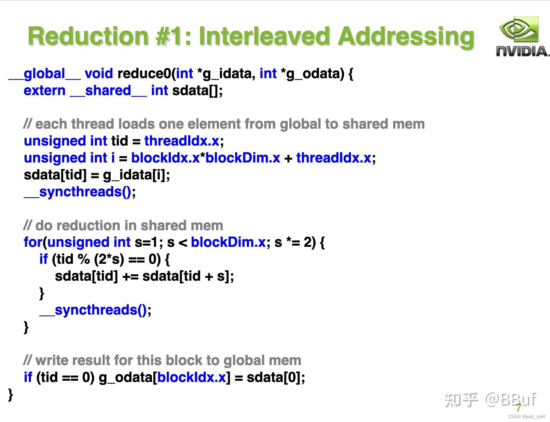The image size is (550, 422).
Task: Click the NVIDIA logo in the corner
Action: [x=522, y=37]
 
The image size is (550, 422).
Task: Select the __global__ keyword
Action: [x=44, y=74]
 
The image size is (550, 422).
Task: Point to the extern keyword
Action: [x=45, y=91]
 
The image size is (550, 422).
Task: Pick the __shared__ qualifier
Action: [x=108, y=91]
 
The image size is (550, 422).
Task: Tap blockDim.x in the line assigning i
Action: [x=243, y=158]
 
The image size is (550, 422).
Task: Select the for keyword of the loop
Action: [x=33, y=242]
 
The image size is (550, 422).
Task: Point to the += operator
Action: [x=130, y=276]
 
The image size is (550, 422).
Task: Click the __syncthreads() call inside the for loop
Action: [x=93, y=310]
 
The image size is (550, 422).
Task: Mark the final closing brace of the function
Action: [x=11, y=394]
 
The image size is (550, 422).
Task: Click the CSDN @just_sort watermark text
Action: [x=527, y=416]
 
